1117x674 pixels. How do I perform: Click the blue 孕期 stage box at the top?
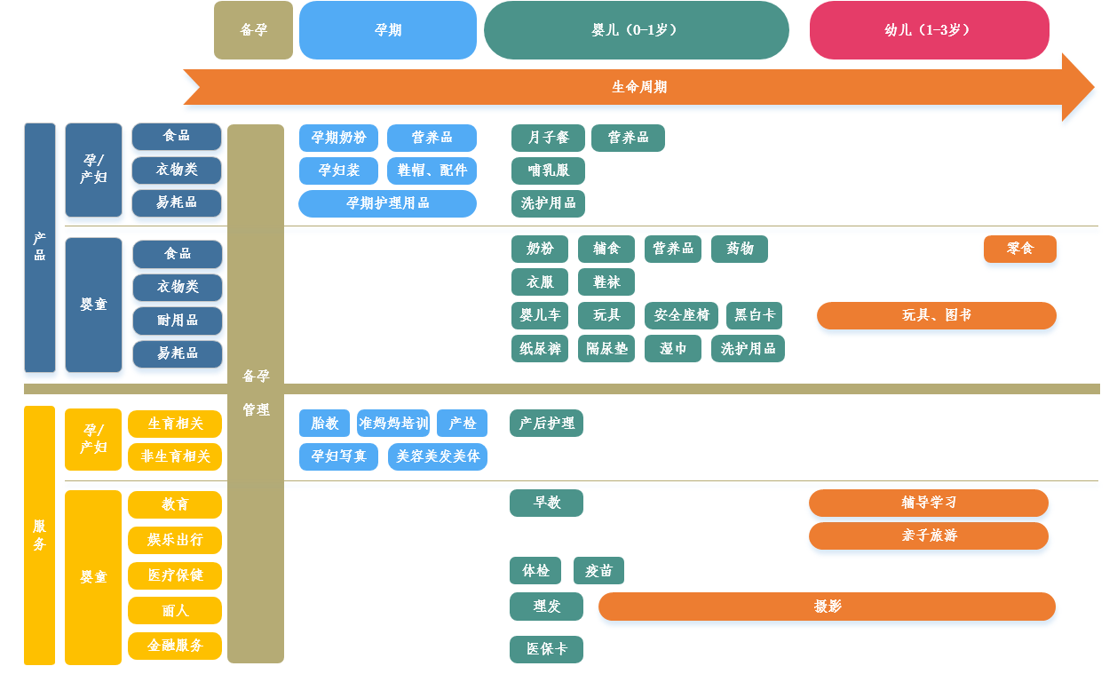(x=388, y=30)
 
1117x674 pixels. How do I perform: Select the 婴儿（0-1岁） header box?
(x=636, y=30)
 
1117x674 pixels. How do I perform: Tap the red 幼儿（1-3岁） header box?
(x=929, y=30)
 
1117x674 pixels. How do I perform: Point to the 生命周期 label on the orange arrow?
(x=639, y=87)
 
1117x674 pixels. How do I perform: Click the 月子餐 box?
(x=548, y=138)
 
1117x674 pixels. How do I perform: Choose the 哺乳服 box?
(x=548, y=170)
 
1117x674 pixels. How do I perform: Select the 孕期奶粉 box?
(x=338, y=138)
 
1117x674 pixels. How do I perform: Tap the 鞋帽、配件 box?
(x=432, y=170)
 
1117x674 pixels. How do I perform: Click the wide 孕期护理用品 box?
(x=387, y=203)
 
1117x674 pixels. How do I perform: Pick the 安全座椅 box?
(x=681, y=315)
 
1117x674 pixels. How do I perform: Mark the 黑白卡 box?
(x=755, y=315)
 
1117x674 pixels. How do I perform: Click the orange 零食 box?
(x=1019, y=250)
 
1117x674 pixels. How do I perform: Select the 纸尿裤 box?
(x=540, y=349)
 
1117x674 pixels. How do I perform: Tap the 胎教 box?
(x=324, y=424)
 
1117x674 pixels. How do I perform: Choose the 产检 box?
(x=462, y=424)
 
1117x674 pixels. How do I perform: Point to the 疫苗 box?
(x=598, y=571)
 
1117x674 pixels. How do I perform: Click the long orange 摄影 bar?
(x=827, y=607)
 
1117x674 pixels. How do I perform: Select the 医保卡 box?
(x=546, y=649)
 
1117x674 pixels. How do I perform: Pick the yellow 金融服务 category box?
(x=175, y=646)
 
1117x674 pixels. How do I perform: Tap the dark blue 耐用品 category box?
(x=178, y=321)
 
